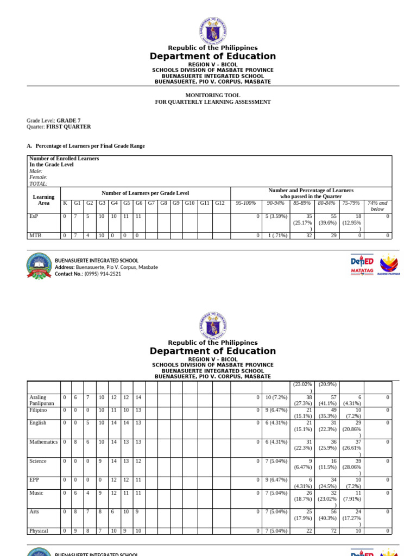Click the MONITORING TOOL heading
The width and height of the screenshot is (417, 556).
pos(212,95)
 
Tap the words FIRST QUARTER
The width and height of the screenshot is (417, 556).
pos(72,127)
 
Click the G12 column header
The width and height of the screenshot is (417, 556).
pos(219,203)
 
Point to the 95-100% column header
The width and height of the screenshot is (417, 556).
pos(245,203)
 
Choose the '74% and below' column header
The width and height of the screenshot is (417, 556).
pos(377,206)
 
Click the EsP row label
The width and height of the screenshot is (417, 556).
pos(34,216)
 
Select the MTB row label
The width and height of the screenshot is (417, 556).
pos(35,235)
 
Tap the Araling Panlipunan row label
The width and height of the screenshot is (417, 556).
pos(42,401)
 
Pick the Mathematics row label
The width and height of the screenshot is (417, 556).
pos(43,442)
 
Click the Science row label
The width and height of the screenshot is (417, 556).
pos(38,461)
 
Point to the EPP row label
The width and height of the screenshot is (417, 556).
pos(35,480)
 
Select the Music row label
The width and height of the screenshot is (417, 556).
pos(36,493)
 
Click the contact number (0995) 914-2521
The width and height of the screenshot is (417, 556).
pos(88,274)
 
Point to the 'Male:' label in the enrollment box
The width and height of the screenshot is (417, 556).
pos(36,171)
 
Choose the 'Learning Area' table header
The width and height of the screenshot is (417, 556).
pos(44,200)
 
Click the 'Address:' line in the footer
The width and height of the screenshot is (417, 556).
pos(106,267)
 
